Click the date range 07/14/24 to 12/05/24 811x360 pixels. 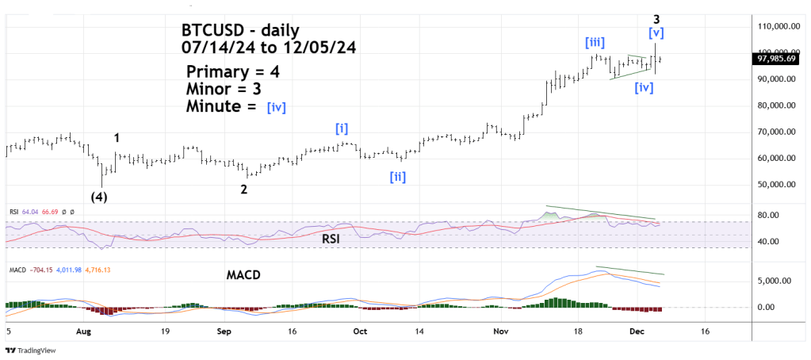(268, 48)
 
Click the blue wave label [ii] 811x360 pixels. (397, 177)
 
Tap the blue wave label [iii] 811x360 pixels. (595, 42)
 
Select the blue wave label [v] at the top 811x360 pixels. (656, 34)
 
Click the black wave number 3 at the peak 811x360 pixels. (656, 18)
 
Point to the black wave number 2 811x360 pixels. (244, 189)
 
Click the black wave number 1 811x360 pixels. (117, 138)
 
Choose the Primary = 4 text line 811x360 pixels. (232, 71)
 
